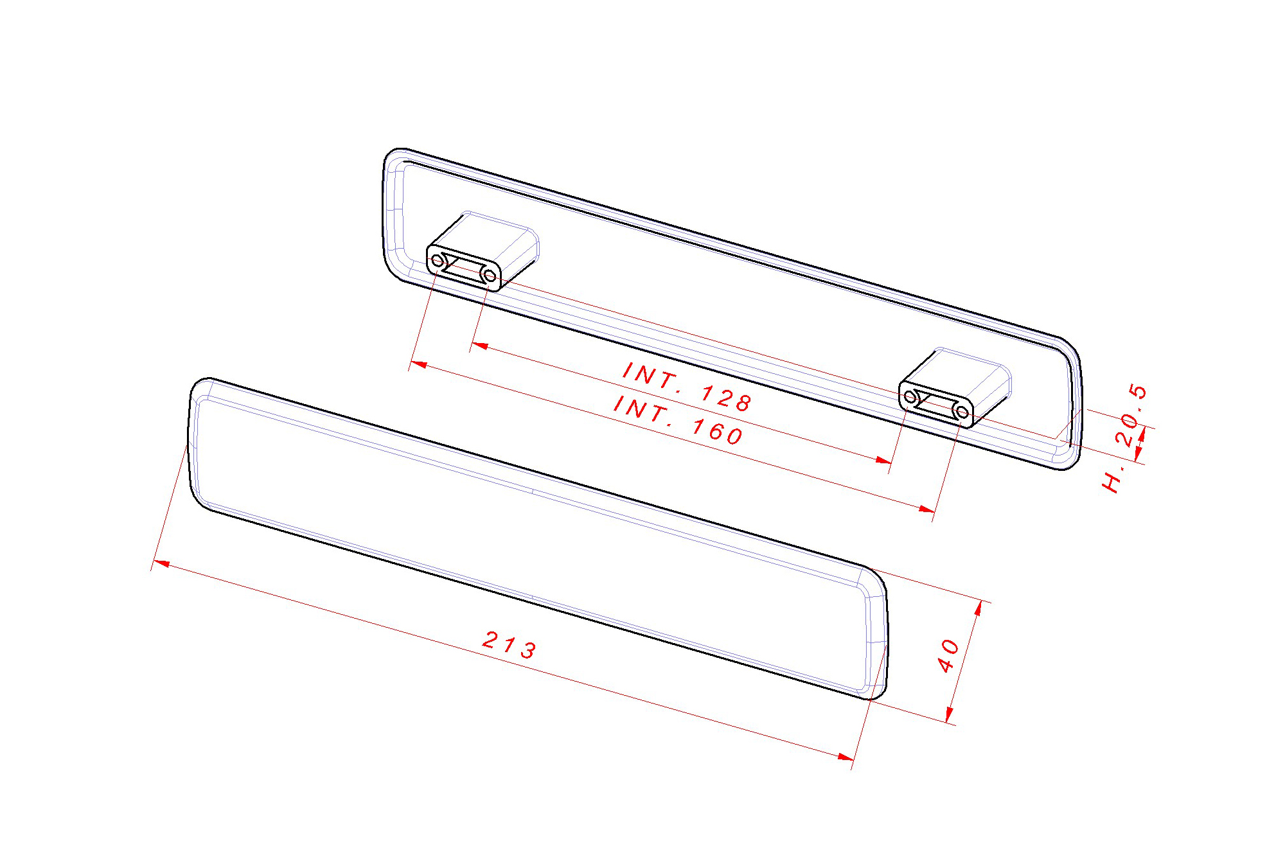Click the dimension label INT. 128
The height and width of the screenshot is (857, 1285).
(687, 387)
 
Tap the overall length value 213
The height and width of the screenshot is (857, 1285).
(509, 644)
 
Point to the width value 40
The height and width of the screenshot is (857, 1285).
(948, 656)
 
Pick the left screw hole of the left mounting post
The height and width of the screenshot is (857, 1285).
(438, 261)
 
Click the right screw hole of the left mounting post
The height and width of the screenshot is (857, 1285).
(489, 276)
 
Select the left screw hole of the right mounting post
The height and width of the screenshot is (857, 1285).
(910, 397)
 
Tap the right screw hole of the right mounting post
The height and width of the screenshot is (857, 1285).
(962, 412)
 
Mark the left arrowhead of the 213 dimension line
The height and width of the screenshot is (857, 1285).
(161, 563)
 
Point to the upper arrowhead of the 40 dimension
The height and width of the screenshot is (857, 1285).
(979, 608)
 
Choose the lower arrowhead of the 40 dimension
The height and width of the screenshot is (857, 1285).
(949, 716)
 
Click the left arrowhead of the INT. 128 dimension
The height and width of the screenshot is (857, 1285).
(479, 346)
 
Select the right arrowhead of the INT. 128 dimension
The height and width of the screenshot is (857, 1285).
(884, 460)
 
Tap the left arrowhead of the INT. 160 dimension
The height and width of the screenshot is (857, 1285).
(418, 364)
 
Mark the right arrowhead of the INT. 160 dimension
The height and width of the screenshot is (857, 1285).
(926, 509)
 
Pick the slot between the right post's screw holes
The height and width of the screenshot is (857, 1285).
(936, 404)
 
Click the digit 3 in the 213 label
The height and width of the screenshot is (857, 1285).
(528, 650)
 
